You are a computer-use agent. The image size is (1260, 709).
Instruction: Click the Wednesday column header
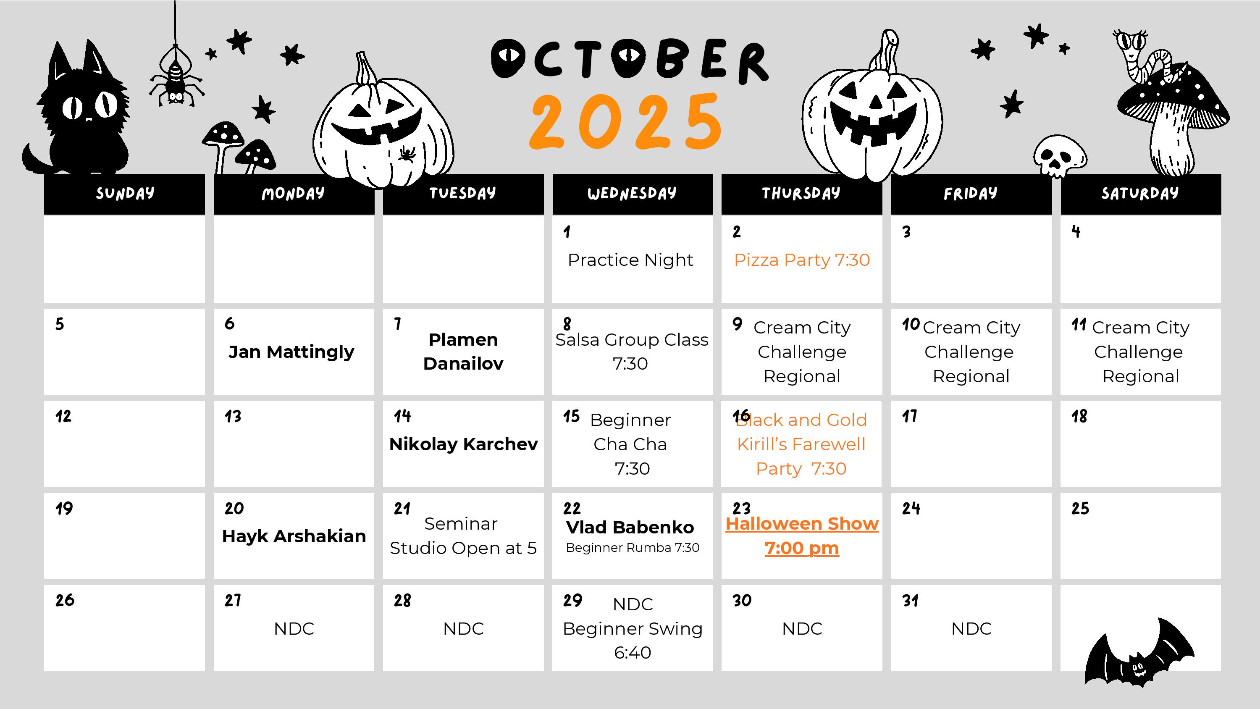point(633,194)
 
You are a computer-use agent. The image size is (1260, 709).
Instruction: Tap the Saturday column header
point(1141,194)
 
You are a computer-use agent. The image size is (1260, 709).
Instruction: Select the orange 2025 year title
point(626,121)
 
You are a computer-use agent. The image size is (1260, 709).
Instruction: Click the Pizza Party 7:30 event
point(802,260)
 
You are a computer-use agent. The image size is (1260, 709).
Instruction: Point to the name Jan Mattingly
point(291,352)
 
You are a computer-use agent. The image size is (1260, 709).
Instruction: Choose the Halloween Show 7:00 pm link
point(802,536)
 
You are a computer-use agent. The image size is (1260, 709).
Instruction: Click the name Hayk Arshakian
point(294,536)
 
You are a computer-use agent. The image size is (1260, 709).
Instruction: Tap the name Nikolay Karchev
point(463,444)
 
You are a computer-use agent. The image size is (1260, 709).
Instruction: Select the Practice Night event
point(630,260)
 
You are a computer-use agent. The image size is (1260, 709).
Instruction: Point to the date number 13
point(233,416)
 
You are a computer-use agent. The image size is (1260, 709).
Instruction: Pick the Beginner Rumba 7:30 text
point(633,548)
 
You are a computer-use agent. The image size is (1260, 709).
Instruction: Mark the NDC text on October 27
point(294,629)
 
